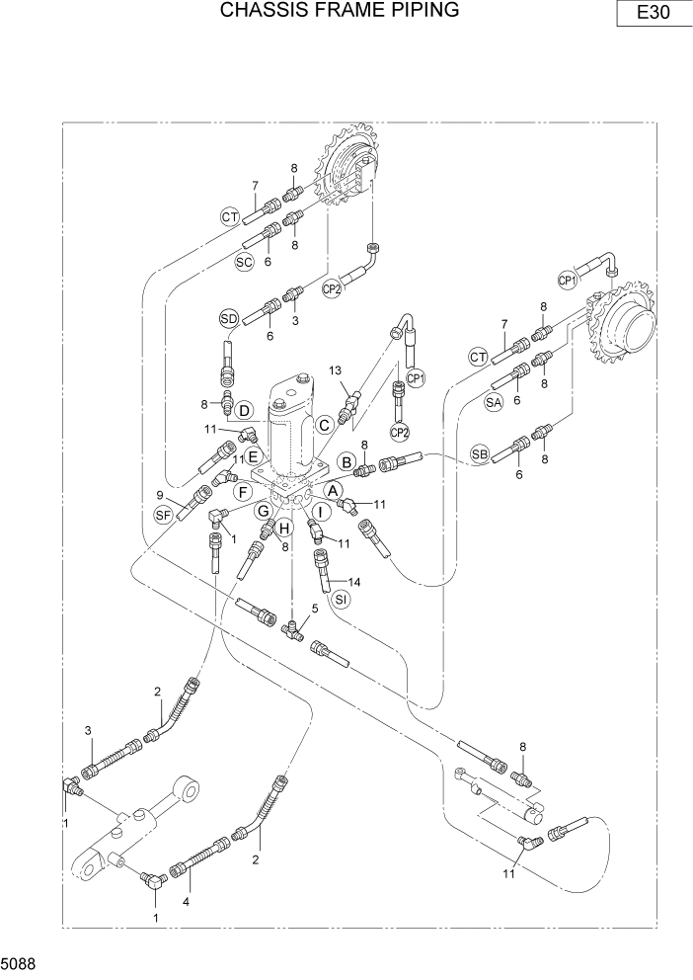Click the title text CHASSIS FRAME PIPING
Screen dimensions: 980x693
340,11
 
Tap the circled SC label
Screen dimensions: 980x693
245,261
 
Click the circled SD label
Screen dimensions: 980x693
229,318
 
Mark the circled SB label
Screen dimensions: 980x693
480,453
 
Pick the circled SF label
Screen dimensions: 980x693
164,514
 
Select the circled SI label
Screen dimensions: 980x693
341,600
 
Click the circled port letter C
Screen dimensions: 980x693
324,424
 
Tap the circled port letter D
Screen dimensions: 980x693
245,410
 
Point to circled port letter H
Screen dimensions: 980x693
282,526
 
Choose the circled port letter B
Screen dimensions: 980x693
346,461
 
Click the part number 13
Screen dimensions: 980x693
336,369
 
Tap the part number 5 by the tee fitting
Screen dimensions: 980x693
315,610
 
